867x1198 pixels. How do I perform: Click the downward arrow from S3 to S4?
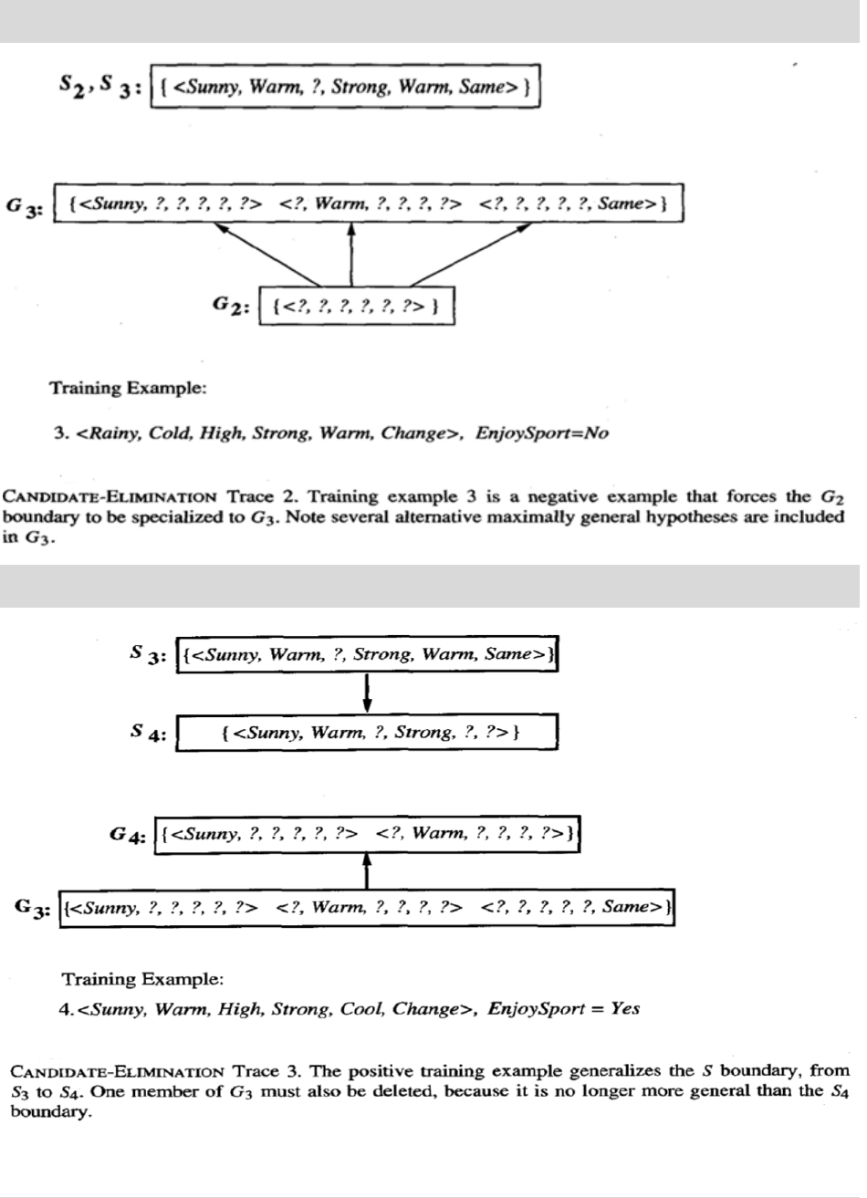coord(367,693)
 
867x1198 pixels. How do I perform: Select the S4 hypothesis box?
coord(366,733)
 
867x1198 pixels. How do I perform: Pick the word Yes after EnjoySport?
coord(626,1009)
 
